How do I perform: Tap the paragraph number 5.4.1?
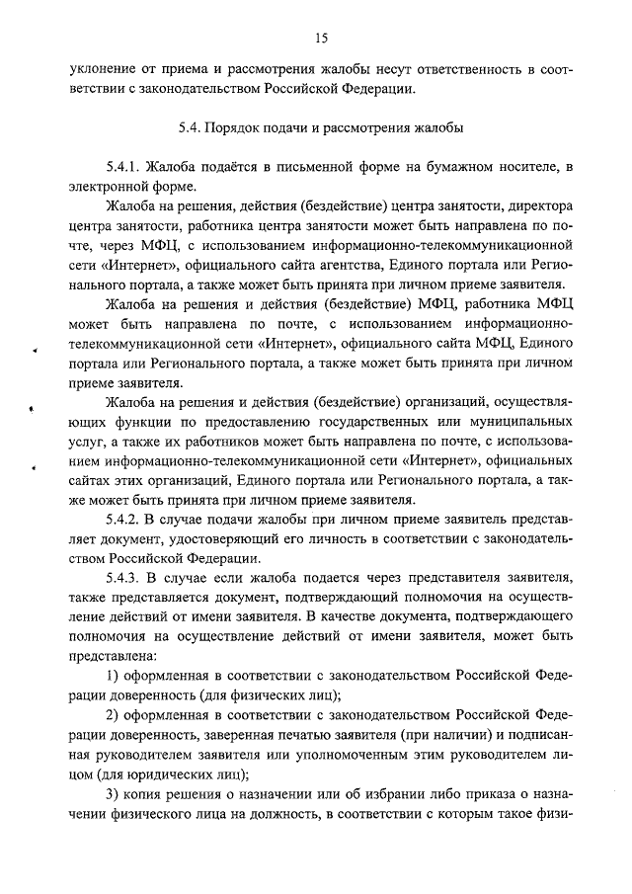[x=123, y=168]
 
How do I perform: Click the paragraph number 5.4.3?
[x=123, y=578]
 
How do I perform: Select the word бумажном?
[x=437, y=168]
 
